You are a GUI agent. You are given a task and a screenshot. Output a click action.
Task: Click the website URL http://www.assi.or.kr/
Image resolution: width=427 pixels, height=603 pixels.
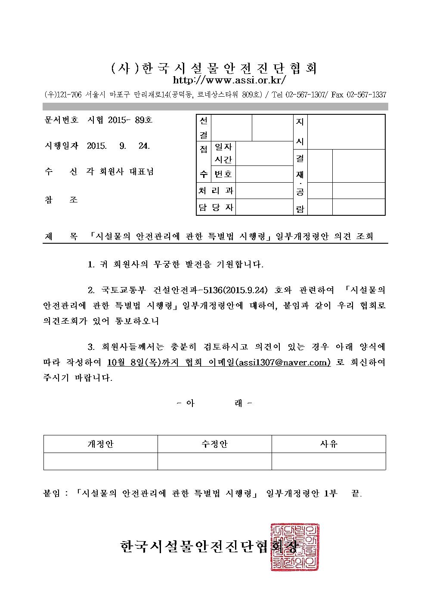[x=229, y=80]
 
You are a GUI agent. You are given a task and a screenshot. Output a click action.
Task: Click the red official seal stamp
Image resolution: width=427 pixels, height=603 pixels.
[x=295, y=547]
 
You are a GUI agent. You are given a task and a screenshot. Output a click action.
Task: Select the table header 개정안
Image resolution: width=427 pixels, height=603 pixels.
[x=100, y=444]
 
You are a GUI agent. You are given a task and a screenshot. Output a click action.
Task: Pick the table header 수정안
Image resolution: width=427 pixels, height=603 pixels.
[x=214, y=444]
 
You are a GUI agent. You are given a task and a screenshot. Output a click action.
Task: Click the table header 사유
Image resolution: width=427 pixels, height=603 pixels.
[x=328, y=444]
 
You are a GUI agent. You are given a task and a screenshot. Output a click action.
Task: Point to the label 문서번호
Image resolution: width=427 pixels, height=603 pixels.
[x=61, y=120]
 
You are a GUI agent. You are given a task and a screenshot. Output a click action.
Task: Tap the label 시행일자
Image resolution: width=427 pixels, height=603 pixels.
[x=61, y=146]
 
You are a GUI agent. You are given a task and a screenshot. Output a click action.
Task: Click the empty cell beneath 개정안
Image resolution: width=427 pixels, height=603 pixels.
[x=100, y=461]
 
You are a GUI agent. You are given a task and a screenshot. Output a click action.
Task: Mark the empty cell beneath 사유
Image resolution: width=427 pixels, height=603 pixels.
[x=328, y=461]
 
